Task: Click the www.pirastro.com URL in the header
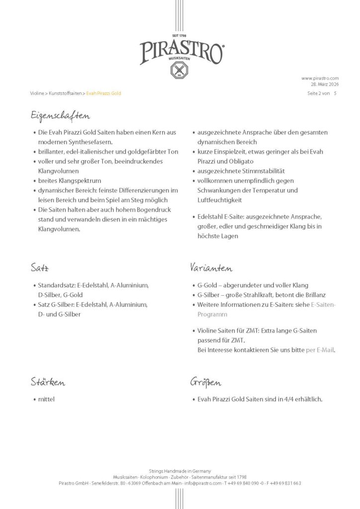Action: [x=320, y=78]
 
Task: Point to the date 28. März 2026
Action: [x=323, y=84]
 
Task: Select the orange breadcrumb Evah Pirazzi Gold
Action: [x=103, y=93]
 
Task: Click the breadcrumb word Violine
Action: [x=37, y=93]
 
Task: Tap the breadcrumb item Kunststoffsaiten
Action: [x=65, y=93]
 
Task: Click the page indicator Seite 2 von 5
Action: [x=322, y=93]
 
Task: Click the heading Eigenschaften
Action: [x=60, y=116]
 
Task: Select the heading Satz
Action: [x=39, y=268]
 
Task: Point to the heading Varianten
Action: [x=211, y=268]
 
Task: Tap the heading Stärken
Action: [x=48, y=383]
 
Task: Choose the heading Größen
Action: [x=205, y=383]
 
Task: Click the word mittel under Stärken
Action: [x=46, y=399]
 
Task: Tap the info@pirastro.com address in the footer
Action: [x=202, y=483]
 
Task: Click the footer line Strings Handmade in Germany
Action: [x=180, y=471]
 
